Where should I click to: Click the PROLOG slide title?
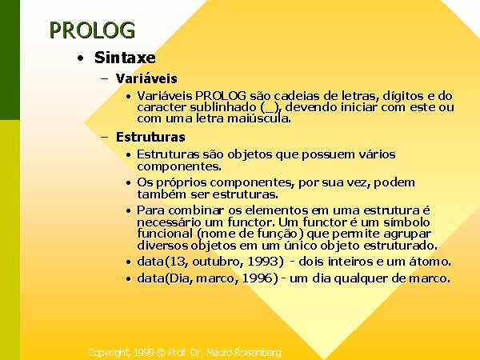pyautogui.click(x=92, y=30)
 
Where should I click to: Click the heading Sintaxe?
pyautogui.click(x=125, y=58)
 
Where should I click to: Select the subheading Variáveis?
pyautogui.click(x=146, y=78)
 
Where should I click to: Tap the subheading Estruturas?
pyautogui.click(x=150, y=137)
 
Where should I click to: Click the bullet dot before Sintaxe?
pyautogui.click(x=81, y=58)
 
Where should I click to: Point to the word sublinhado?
pyautogui.click(x=222, y=107)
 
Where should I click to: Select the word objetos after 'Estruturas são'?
pyautogui.click(x=250, y=155)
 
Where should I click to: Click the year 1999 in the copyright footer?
pyautogui.click(x=143, y=353)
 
